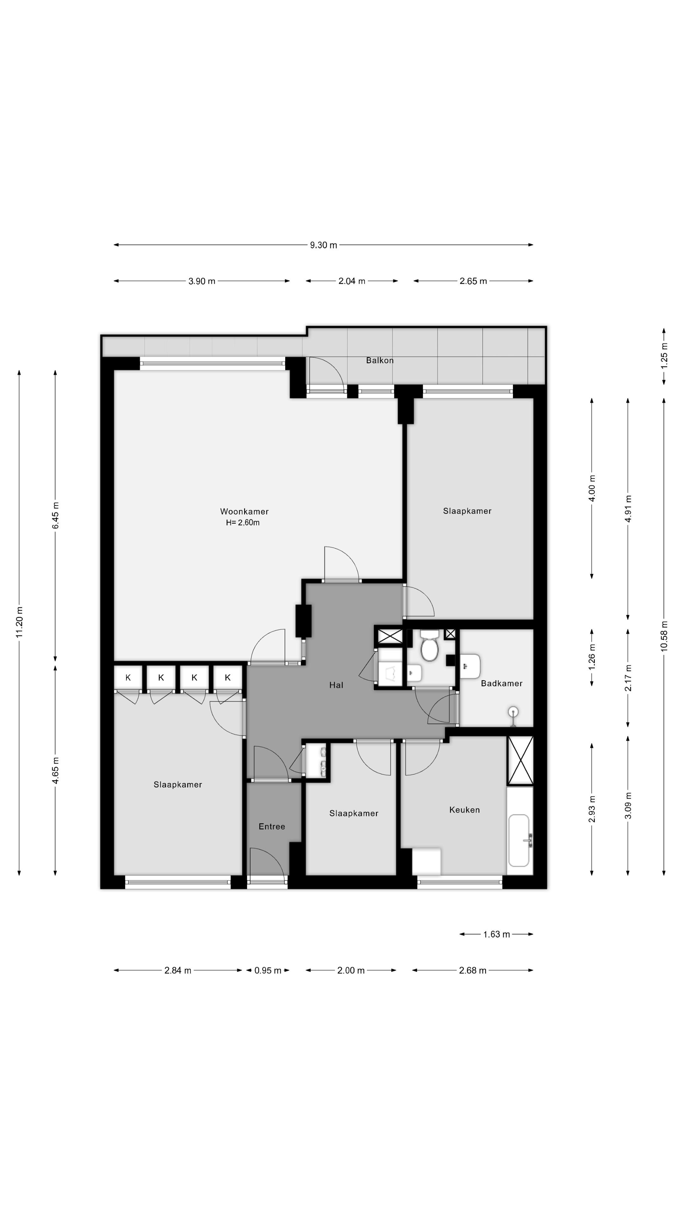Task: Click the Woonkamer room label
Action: click(244, 511)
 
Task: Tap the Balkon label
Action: click(379, 360)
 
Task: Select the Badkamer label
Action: click(501, 683)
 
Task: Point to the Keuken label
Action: click(464, 810)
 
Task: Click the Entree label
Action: click(272, 826)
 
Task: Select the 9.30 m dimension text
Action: click(323, 245)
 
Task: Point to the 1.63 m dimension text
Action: click(496, 934)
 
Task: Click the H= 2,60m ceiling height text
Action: click(243, 523)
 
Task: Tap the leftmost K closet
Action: click(128, 678)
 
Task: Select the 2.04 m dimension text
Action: click(352, 281)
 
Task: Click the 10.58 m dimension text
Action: click(664, 636)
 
